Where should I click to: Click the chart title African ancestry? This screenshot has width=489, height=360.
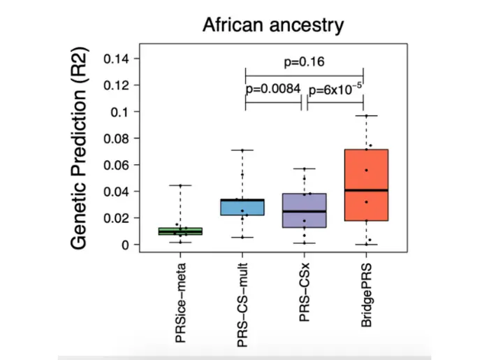[273, 26]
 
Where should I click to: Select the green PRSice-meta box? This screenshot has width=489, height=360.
[180, 231]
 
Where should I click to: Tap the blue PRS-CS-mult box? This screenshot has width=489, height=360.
[242, 207]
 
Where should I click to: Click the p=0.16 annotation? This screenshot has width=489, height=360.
[304, 62]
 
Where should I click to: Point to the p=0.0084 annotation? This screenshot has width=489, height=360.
[272, 89]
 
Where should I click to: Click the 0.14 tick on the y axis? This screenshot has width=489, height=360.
[117, 59]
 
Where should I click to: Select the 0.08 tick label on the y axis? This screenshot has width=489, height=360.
[117, 138]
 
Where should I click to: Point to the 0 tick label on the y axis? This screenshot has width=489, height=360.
[126, 245]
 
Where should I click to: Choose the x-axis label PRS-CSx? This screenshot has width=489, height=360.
[304, 297]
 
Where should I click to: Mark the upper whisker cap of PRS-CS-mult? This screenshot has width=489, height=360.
[242, 150]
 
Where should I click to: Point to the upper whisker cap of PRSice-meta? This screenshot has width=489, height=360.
[180, 185]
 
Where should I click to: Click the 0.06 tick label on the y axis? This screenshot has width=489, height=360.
[117, 165]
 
